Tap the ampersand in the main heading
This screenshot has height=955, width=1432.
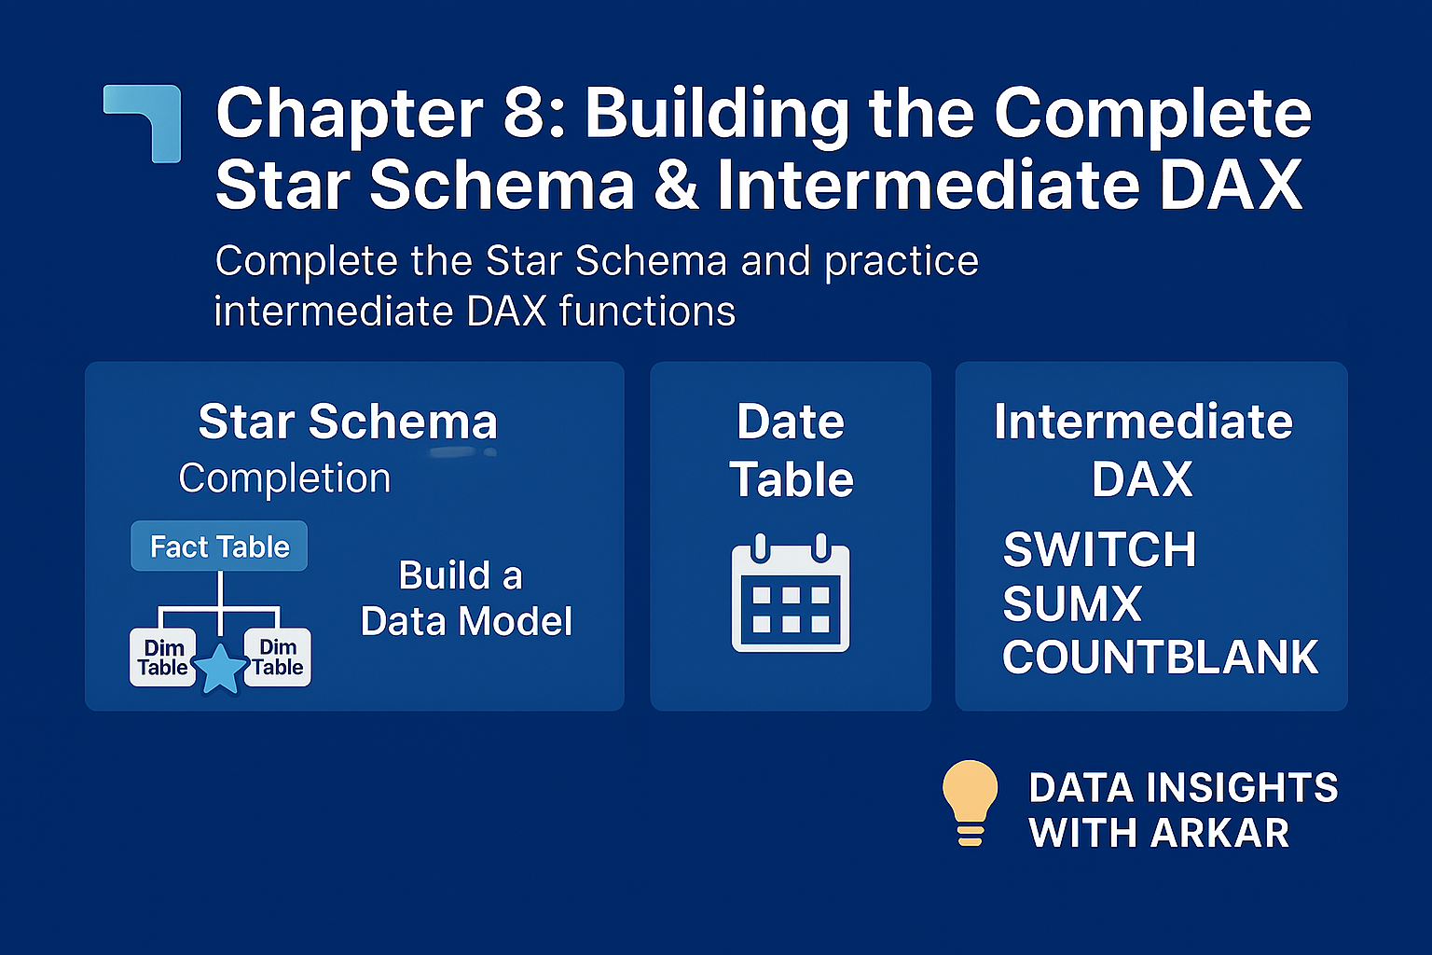click(x=676, y=185)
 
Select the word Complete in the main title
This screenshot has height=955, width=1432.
click(x=1152, y=114)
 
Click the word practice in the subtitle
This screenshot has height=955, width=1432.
click(x=902, y=261)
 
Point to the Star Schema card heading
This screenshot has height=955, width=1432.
click(x=348, y=422)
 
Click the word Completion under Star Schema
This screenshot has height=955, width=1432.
click(x=284, y=478)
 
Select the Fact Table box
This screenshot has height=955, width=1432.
click(x=219, y=547)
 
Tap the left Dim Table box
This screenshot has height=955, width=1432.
click(x=163, y=657)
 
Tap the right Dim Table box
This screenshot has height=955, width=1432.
click(x=278, y=657)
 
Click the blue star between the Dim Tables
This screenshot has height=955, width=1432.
click(x=221, y=670)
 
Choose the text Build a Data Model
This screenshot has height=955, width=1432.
click(x=465, y=599)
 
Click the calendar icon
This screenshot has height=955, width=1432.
click(x=791, y=593)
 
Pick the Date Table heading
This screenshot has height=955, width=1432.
click(x=791, y=450)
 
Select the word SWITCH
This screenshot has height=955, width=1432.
click(x=1099, y=549)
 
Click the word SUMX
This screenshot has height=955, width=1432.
click(x=1072, y=603)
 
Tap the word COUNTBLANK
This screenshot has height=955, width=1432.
click(x=1160, y=657)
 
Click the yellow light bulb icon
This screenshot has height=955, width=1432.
click(x=970, y=801)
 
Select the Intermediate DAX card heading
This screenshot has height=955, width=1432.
click(x=1143, y=450)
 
